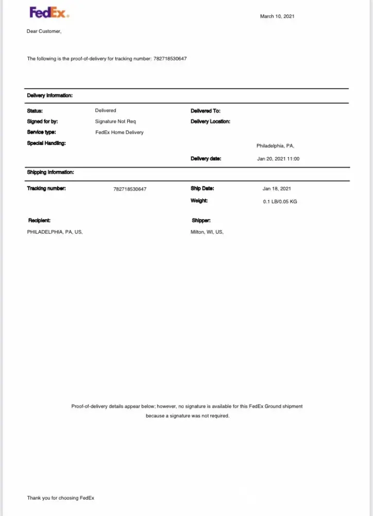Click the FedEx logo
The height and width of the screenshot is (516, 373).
pos(49,12)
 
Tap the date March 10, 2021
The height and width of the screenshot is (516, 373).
pos(277,17)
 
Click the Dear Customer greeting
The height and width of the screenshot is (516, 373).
pos(44,31)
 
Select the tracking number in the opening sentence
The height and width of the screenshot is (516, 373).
pos(170,59)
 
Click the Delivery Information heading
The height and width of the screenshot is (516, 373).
pos(49,95)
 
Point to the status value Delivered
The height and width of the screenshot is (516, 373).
pos(106,110)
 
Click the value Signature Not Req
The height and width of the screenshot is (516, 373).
pos(115,122)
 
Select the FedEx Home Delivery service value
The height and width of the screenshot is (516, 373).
pos(120,133)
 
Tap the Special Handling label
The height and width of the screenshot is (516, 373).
pos(46,143)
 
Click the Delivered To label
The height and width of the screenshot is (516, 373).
pos(205,111)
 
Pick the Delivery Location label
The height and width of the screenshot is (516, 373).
pos(210,122)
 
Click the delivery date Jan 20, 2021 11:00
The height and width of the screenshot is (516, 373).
pos(278,159)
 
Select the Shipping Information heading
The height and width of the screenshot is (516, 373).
pos(50,172)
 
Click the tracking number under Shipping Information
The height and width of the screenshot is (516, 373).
pos(130,189)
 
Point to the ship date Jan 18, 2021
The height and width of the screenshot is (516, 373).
pos(277,189)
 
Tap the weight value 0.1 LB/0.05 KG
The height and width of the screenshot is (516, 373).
pos(280,202)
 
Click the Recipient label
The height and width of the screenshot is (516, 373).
pos(39,221)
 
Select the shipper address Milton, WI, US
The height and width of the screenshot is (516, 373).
pos(207,232)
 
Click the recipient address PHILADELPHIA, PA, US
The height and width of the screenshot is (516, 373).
pos(55,232)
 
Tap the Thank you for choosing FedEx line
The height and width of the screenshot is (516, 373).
pos(61,498)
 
